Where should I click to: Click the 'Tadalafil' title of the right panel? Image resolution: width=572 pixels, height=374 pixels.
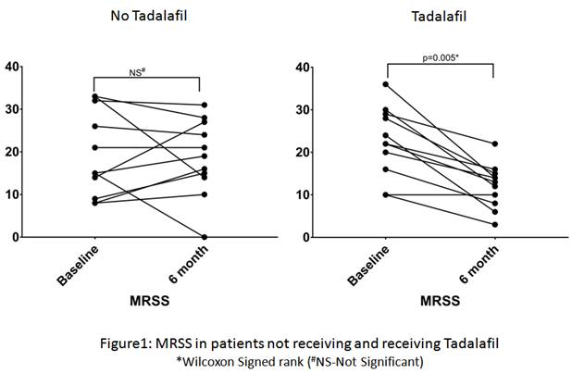pyautogui.click(x=432, y=16)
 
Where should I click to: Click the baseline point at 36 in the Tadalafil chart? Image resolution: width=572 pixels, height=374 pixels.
pyautogui.click(x=387, y=84)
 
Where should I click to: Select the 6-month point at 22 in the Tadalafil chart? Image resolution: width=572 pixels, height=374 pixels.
pyautogui.click(x=494, y=143)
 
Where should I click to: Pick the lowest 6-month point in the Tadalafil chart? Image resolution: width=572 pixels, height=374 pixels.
pyautogui.click(x=494, y=224)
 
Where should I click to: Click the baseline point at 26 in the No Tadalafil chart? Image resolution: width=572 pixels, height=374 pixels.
pyautogui.click(x=94, y=126)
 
